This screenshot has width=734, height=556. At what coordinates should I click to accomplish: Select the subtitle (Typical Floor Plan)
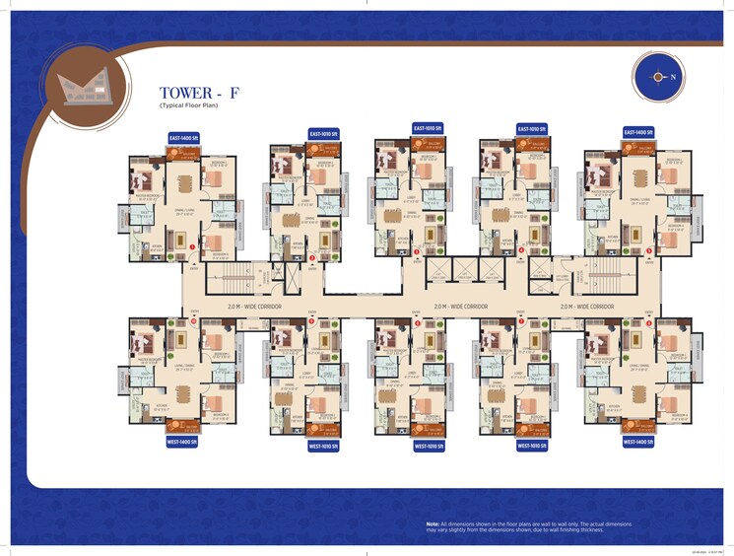[187, 104]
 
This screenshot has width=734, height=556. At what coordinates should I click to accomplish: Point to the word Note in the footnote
[432, 523]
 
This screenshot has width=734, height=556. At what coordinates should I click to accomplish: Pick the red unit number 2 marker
[312, 257]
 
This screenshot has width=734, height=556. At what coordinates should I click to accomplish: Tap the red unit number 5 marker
[648, 251]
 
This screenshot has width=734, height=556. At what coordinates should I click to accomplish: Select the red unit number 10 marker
[194, 321]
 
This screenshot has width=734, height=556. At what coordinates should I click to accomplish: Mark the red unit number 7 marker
[521, 322]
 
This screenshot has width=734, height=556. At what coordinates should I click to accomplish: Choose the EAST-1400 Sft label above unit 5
[640, 130]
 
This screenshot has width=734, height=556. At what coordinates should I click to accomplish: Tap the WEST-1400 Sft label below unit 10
[186, 443]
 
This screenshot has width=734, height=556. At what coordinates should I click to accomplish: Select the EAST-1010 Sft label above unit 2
[324, 133]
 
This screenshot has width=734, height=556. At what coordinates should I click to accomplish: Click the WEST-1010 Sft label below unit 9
[323, 447]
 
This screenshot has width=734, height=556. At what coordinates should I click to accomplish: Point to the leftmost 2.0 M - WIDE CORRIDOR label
[254, 307]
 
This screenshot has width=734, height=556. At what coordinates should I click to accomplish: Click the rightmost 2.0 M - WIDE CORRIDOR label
[587, 307]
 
